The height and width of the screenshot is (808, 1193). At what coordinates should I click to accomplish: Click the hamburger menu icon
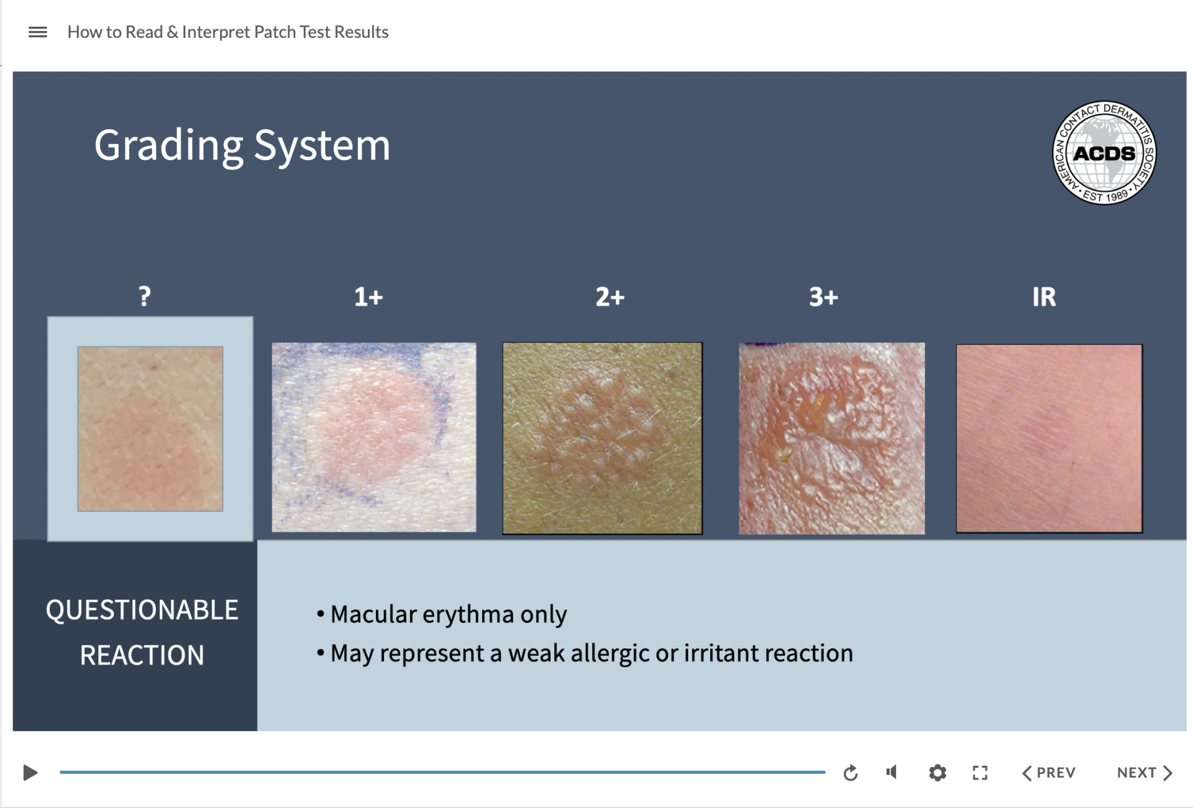point(38,32)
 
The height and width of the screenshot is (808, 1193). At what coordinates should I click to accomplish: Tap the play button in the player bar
point(30,773)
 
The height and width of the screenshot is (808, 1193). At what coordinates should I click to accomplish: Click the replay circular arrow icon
point(851,773)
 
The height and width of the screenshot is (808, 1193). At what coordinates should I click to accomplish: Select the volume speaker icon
point(892,772)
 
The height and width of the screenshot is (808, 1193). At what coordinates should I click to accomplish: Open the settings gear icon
point(938,773)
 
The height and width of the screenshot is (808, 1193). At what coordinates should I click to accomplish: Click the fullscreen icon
point(980,773)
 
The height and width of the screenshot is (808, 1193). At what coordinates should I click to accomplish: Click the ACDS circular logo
point(1104,153)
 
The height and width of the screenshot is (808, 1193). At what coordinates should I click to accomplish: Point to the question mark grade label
point(145,296)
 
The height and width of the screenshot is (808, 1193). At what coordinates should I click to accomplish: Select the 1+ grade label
point(368,297)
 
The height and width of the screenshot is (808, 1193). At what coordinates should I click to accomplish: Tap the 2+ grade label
point(610,297)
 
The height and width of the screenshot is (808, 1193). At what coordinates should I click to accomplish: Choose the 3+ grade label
point(823,297)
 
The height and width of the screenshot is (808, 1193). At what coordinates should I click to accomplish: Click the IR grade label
point(1044,297)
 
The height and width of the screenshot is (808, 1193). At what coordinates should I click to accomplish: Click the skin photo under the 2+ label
point(602,438)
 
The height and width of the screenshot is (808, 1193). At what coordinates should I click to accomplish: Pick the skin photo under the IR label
point(1049,438)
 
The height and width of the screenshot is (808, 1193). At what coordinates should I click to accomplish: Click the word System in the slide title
point(322,145)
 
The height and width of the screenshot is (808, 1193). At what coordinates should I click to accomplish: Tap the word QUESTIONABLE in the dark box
point(142,610)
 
